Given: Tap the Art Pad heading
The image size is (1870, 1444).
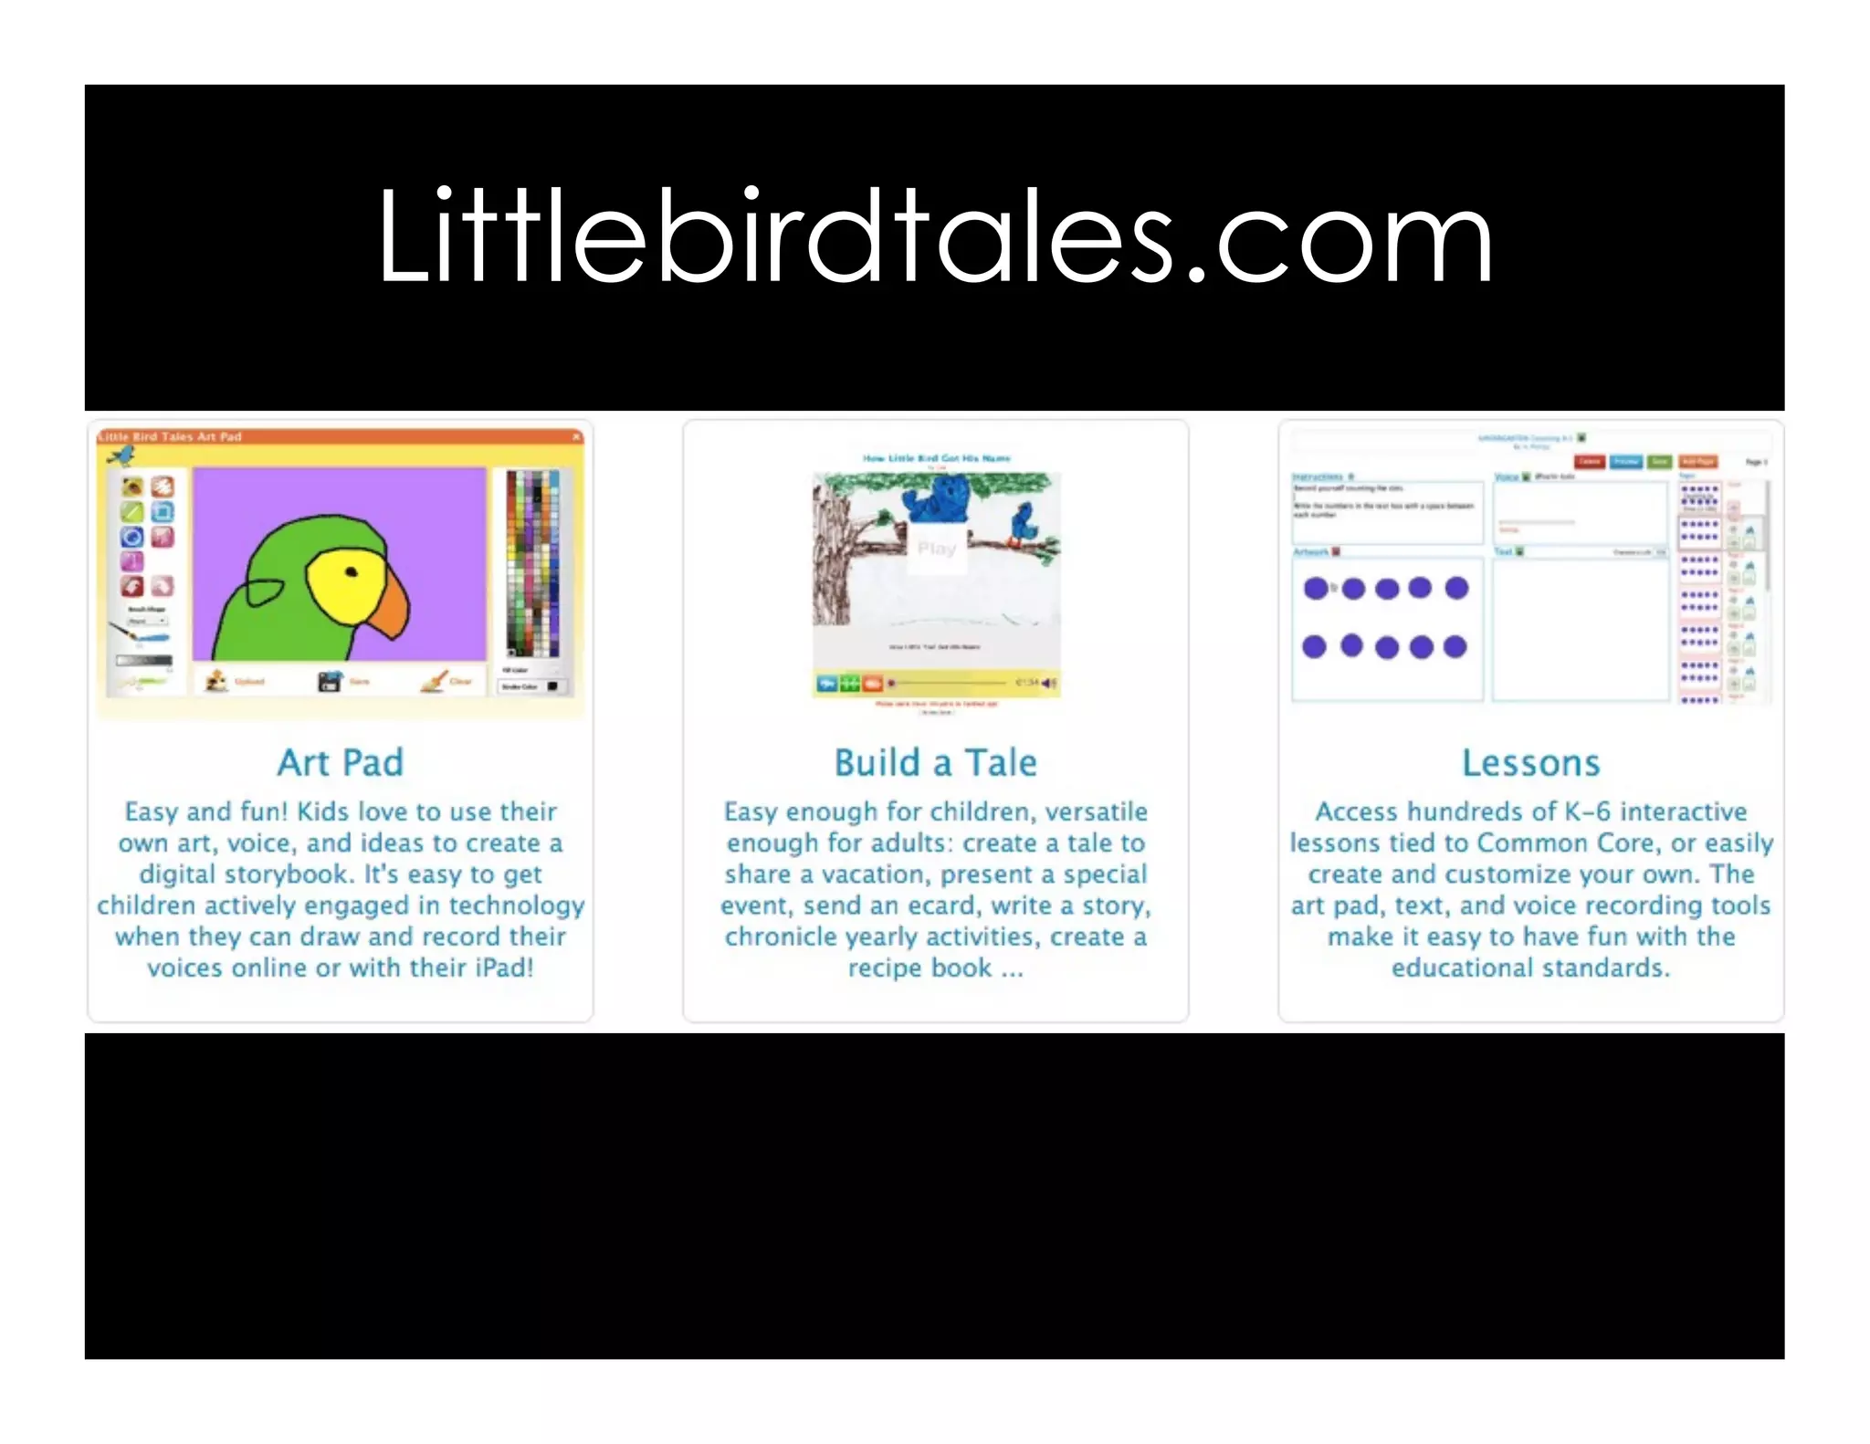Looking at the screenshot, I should click(x=340, y=763).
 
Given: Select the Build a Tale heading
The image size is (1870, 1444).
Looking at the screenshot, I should click(x=935, y=763).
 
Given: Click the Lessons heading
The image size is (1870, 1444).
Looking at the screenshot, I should click(x=1530, y=763).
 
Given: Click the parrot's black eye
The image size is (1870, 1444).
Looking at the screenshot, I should click(x=351, y=572).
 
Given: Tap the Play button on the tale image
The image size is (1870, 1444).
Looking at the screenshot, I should click(x=936, y=549).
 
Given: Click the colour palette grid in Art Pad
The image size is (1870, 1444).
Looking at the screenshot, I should click(x=533, y=562).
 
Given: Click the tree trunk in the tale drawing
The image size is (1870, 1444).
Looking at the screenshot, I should click(x=832, y=566).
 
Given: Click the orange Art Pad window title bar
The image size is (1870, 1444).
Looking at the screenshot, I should click(x=340, y=437).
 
